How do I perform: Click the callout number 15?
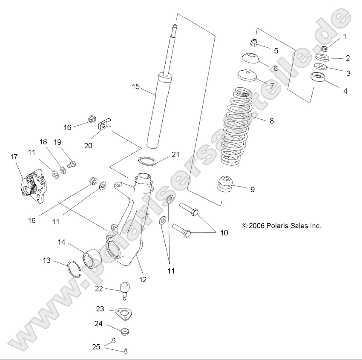(x=135, y=87)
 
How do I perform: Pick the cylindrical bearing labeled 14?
(x=91, y=259)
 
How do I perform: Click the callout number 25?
(x=97, y=347)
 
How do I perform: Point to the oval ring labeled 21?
(x=146, y=161)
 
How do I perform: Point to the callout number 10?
(x=224, y=233)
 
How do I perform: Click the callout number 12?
(x=143, y=279)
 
